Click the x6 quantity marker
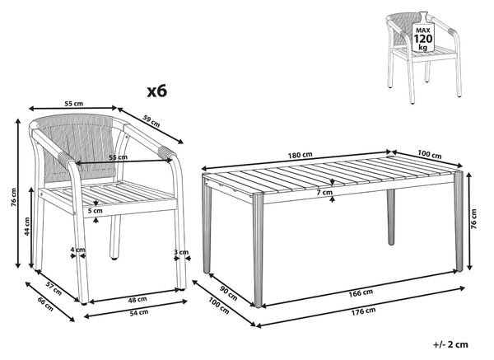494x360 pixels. click(x=157, y=91)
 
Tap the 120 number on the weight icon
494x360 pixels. click(x=423, y=39)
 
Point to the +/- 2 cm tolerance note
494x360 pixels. click(x=450, y=344)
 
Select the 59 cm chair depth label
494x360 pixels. click(x=151, y=121)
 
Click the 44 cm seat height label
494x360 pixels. click(x=27, y=227)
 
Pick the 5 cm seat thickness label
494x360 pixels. click(x=96, y=211)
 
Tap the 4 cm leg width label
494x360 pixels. click(x=77, y=250)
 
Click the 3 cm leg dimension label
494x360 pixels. click(x=181, y=252)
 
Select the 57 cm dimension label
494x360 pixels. click(x=54, y=288)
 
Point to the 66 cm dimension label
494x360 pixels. click(x=45, y=304)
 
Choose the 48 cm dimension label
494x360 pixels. click(x=137, y=300)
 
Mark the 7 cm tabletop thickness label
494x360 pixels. click(x=325, y=192)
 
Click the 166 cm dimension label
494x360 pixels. click(x=361, y=292)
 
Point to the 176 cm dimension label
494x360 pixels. click(x=363, y=311)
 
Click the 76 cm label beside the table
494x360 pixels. click(x=474, y=218)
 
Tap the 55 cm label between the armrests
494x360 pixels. click(x=118, y=157)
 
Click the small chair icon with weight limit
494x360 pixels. click(x=424, y=58)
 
